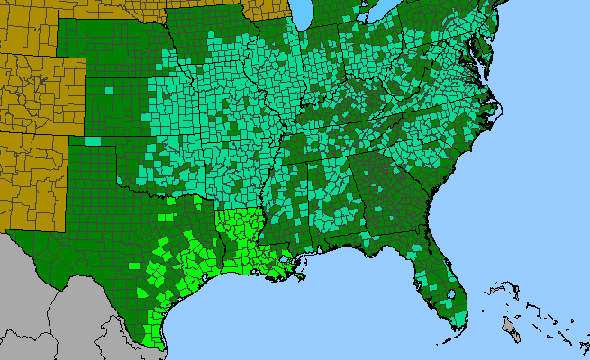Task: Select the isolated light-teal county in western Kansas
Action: (109, 90)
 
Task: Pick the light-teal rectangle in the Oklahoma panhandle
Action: (93, 140)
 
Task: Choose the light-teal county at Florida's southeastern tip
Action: (461, 318)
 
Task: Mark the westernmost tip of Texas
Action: (8, 232)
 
